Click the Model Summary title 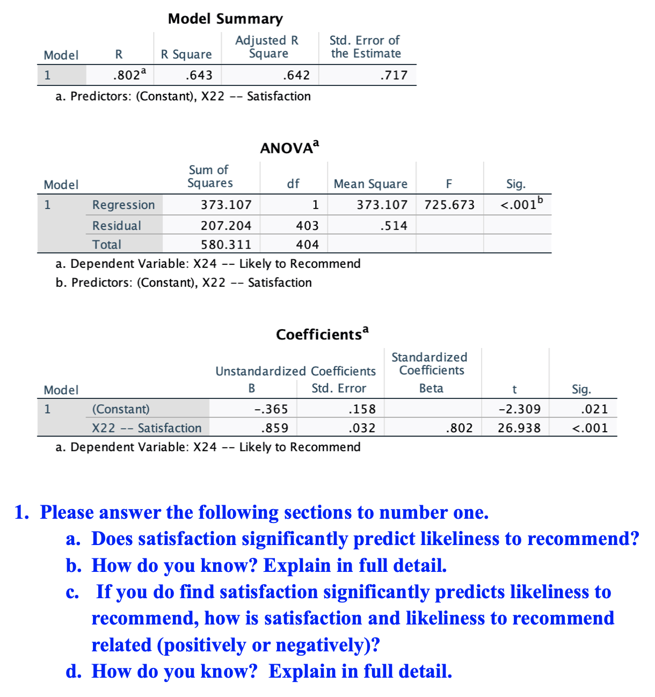coord(225,19)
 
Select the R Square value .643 coord(199,75)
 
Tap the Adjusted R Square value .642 coord(296,75)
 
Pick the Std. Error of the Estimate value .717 coord(394,75)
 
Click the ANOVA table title coord(289,148)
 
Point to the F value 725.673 coord(449,205)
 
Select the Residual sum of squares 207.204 coord(226,226)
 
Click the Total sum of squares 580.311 coord(226,245)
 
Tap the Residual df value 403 coord(307,226)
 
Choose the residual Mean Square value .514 coord(394,226)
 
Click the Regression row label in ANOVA coord(123,205)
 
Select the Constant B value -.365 coord(271,409)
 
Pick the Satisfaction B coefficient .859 coord(274,428)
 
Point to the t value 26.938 coord(519,428)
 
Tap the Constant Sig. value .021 coord(594,409)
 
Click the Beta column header coord(431,388)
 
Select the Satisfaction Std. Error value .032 coord(362,428)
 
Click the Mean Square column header coord(370,184)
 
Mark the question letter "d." coord(74,671)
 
